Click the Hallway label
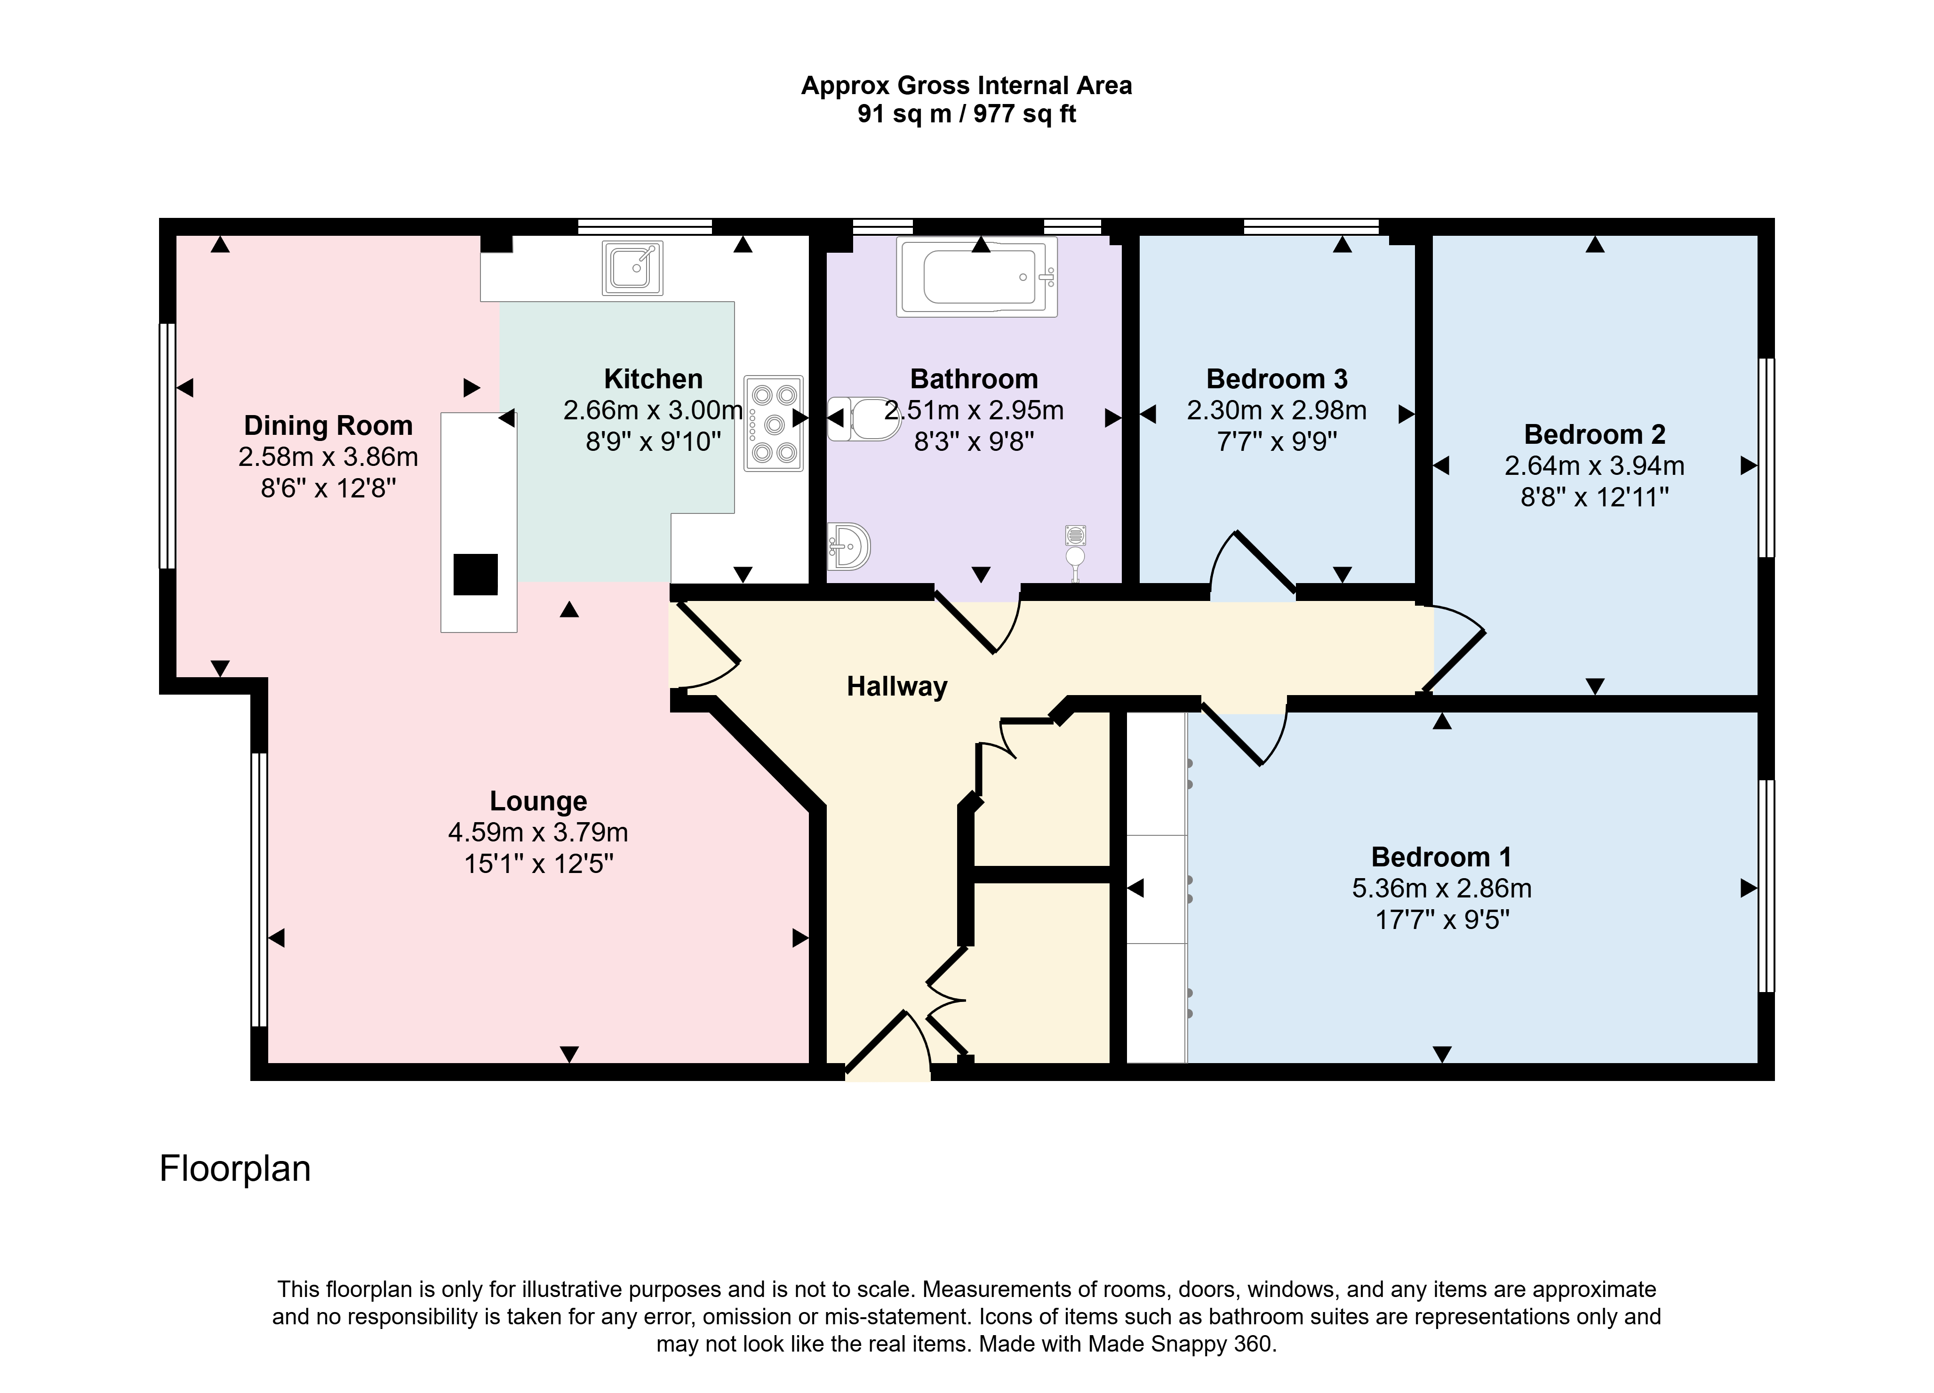[896, 687]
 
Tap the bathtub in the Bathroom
[976, 277]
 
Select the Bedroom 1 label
[1441, 857]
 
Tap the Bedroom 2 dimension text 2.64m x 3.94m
[1595, 466]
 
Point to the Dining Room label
[328, 425]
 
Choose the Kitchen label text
[653, 379]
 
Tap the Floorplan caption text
[235, 1169]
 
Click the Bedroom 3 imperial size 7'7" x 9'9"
[1277, 442]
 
